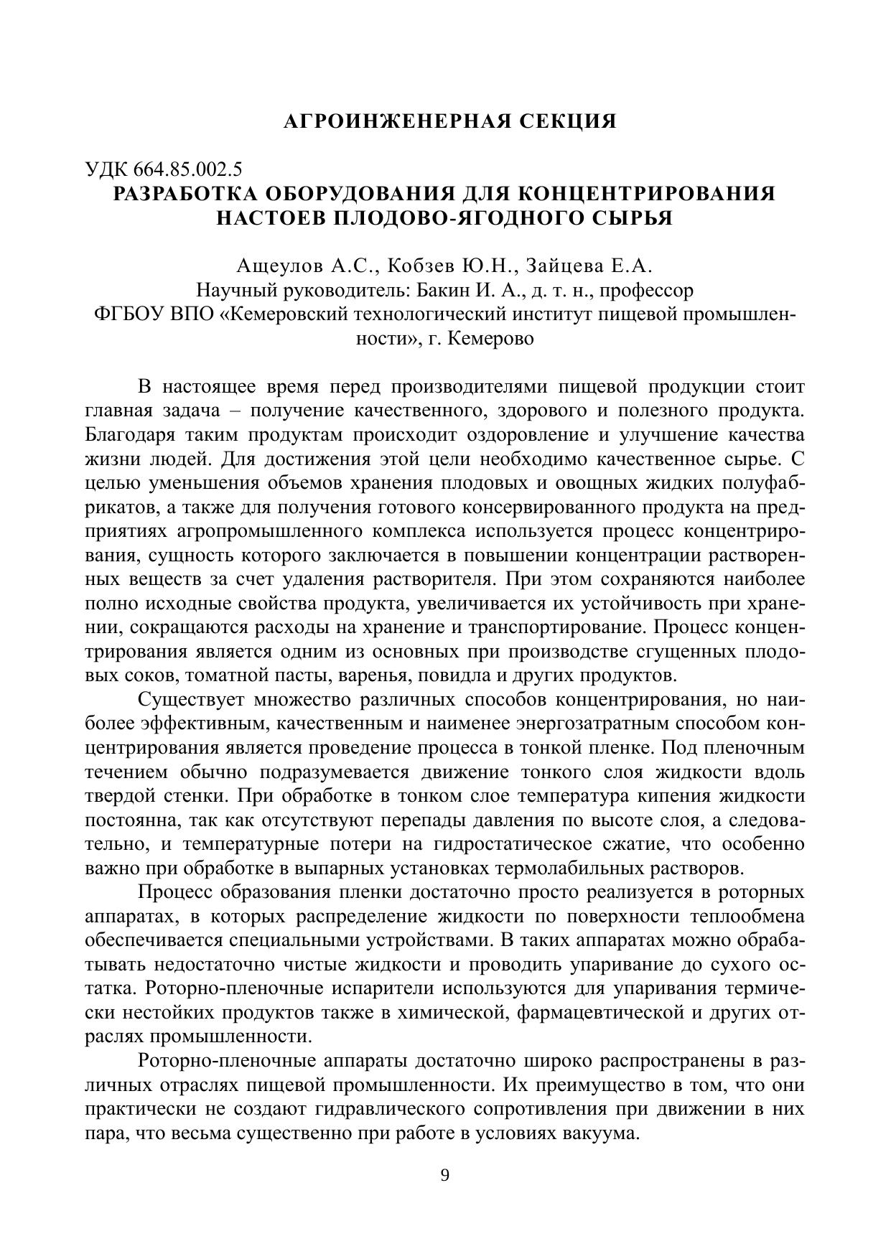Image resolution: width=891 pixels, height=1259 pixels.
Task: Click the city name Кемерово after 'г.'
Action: pos(491,338)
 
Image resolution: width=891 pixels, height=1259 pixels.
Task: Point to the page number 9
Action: pos(444,1175)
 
